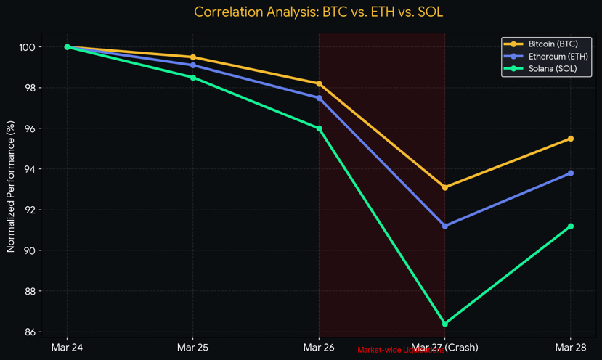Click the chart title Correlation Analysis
[x=319, y=12]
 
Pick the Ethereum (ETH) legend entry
[x=556, y=57]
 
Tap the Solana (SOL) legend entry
[x=551, y=70]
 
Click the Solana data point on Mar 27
[x=445, y=324]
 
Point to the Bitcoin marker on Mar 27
[x=445, y=187]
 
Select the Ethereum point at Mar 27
[x=445, y=226]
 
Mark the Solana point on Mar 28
[x=571, y=226]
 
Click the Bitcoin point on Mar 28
[x=571, y=139]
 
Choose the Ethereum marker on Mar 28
[x=571, y=173]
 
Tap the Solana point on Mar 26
[x=319, y=128]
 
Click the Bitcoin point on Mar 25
[x=192, y=57]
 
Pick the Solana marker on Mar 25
[x=192, y=78]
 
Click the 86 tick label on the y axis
[x=32, y=332]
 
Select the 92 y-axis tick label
[x=32, y=210]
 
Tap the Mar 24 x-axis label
[x=67, y=348]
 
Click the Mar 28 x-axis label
[x=571, y=348]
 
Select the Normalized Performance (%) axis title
[x=11, y=187]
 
